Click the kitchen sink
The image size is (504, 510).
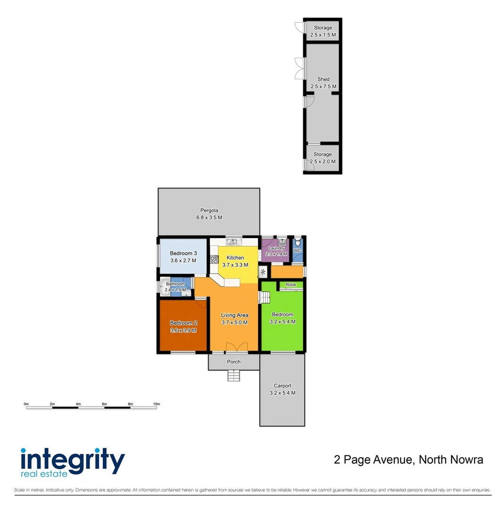[x=234, y=242]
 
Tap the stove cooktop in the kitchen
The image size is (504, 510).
[x=214, y=259]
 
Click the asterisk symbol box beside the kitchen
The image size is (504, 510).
[x=263, y=272]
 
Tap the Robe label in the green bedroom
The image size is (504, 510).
[x=291, y=285]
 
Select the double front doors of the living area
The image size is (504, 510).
[x=236, y=347]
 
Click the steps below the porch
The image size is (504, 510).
[x=234, y=375]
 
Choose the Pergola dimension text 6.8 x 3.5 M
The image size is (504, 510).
[x=209, y=218]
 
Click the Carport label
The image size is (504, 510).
[x=282, y=386]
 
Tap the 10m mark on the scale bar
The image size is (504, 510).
[x=157, y=404]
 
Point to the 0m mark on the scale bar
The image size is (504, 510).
[x=26, y=404]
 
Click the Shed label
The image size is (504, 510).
[x=323, y=79]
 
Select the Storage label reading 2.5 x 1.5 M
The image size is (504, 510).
[x=323, y=35]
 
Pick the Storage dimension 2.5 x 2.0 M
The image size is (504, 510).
[x=323, y=161]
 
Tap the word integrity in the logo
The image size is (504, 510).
[x=73, y=459]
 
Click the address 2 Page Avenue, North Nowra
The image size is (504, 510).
[x=408, y=459]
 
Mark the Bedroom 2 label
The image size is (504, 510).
[x=183, y=323]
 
